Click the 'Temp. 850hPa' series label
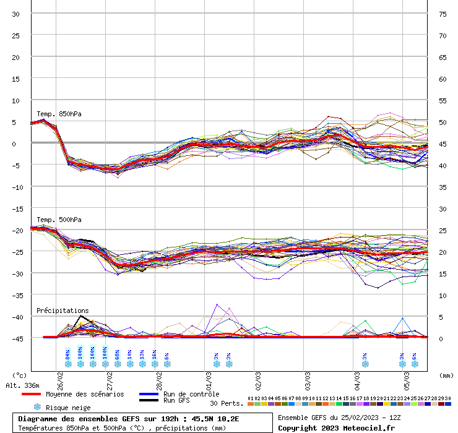click(x=59, y=114)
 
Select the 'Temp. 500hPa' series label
click(x=59, y=220)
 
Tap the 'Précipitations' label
click(x=63, y=311)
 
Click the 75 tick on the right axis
click(x=443, y=14)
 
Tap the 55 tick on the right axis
click(x=443, y=101)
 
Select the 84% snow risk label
click(x=67, y=354)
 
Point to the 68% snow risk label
click(x=117, y=354)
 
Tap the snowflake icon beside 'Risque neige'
click(x=37, y=407)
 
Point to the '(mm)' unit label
click(x=446, y=375)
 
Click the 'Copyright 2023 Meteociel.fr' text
click(x=336, y=427)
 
